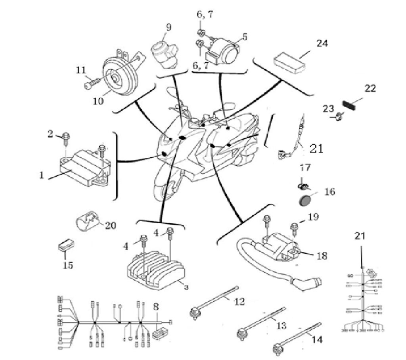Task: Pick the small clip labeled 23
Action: (339, 117)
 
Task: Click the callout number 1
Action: (42, 175)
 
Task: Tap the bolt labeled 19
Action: (295, 228)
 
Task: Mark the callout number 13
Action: (281, 326)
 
